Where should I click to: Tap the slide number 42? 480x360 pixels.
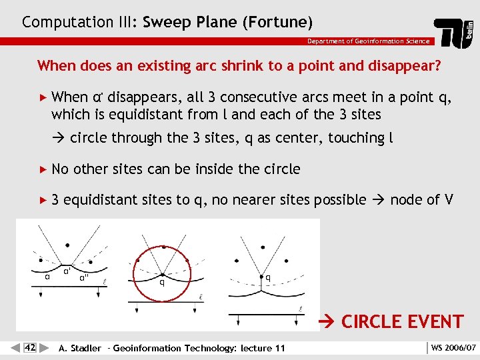click(30, 347)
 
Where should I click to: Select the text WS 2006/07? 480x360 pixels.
click(453, 347)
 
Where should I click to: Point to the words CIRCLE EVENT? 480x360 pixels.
click(402, 321)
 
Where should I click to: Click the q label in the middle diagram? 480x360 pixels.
click(161, 282)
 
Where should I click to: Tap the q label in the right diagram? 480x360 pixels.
click(267, 277)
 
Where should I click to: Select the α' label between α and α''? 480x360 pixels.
click(67, 271)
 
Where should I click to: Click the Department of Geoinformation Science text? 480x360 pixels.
click(368, 41)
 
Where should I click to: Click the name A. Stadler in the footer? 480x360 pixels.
click(80, 347)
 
